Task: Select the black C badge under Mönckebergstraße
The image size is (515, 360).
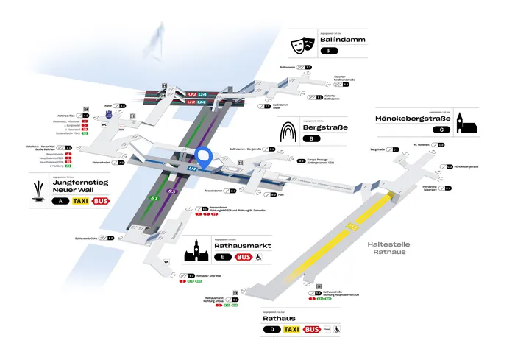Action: click(x=440, y=130)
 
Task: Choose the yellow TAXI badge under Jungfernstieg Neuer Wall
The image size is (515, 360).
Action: click(x=77, y=200)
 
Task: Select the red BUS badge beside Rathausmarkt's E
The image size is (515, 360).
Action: click(x=244, y=257)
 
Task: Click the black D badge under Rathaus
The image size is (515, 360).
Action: click(x=271, y=330)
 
